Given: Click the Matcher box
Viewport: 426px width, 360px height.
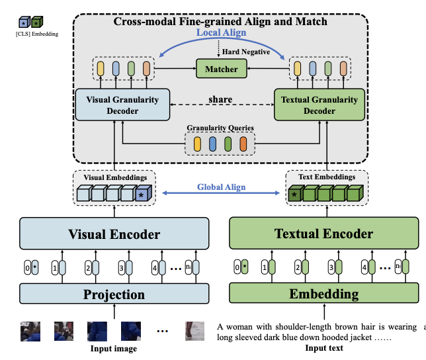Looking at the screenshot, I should pyautogui.click(x=220, y=67).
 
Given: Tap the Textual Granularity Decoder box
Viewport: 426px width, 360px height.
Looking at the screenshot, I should pyautogui.click(x=319, y=105).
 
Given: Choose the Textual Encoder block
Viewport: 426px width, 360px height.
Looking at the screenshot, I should pyautogui.click(x=323, y=234).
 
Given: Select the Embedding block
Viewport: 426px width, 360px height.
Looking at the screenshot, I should pyautogui.click(x=323, y=294).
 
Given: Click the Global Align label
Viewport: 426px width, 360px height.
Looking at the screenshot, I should pyautogui.click(x=220, y=187).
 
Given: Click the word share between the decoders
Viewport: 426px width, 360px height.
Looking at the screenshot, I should pyautogui.click(x=220, y=99).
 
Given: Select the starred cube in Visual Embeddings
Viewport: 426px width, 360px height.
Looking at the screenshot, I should pyautogui.click(x=142, y=195).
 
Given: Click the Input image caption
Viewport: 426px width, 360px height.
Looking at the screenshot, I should pyautogui.click(x=113, y=349).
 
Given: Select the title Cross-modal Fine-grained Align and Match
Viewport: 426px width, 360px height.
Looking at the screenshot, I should pyautogui.click(x=220, y=22).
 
